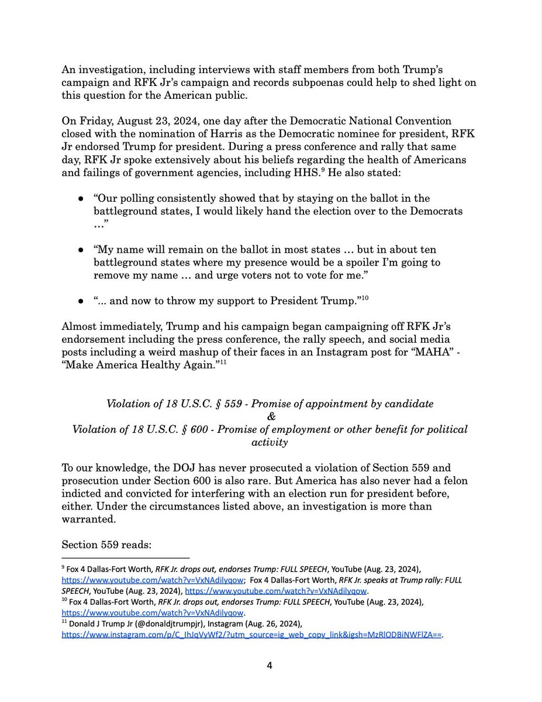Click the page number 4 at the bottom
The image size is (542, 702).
coord(270,665)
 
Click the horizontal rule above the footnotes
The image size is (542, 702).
coord(126,558)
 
